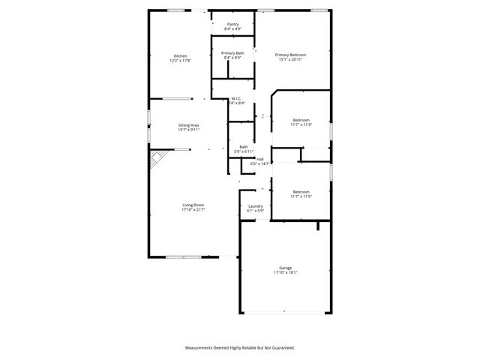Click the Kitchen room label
click(x=180, y=56)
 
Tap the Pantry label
click(x=232, y=24)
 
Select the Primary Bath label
click(x=232, y=53)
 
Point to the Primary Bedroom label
click(x=290, y=55)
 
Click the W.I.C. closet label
click(x=235, y=98)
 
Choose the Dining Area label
click(x=188, y=124)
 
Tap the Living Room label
click(x=193, y=205)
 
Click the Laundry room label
click(x=255, y=206)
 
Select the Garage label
click(x=285, y=268)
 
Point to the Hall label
click(x=260, y=158)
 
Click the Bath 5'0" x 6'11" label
click(x=244, y=147)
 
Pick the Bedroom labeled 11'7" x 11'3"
click(x=301, y=120)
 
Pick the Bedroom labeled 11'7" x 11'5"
click(x=301, y=191)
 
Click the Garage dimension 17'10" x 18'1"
click(x=285, y=273)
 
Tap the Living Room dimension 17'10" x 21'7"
click(x=193, y=210)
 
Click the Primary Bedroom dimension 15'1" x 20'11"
click(x=290, y=60)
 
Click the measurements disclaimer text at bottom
click(x=240, y=348)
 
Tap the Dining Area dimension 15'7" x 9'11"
click(x=188, y=130)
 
